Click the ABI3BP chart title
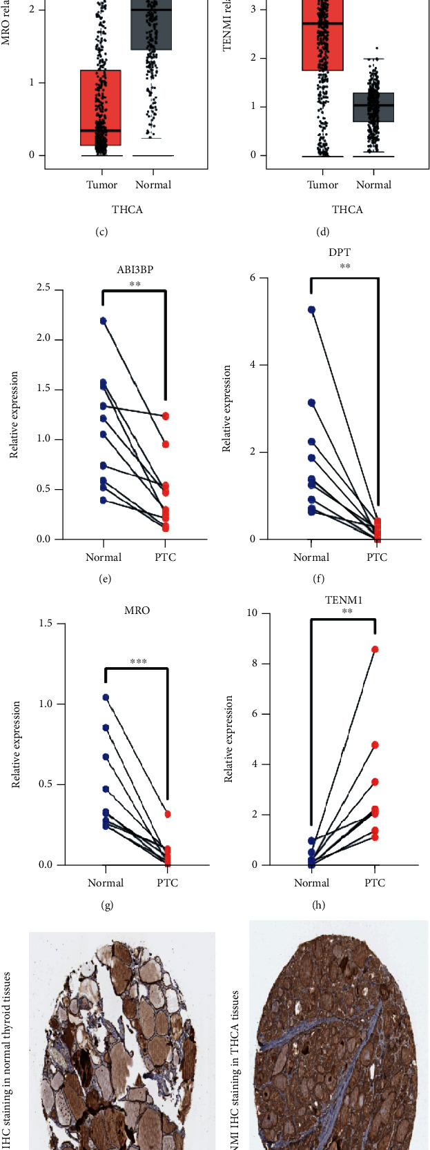click(x=135, y=270)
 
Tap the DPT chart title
click(x=346, y=254)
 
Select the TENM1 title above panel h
click(x=343, y=600)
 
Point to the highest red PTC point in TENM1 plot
click(x=375, y=649)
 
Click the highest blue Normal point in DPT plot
click(x=311, y=310)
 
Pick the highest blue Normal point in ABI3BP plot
click(x=103, y=321)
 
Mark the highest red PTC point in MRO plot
click(x=166, y=814)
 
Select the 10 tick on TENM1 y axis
click(x=254, y=613)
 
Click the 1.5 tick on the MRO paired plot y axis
click(x=48, y=624)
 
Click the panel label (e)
click(x=105, y=579)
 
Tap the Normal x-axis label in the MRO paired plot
click(x=106, y=883)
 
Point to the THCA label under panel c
click(x=128, y=209)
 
